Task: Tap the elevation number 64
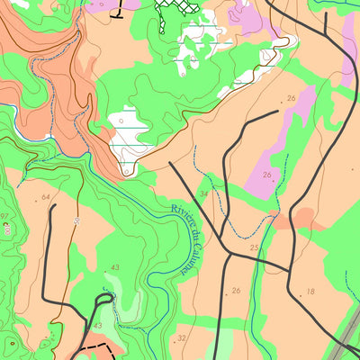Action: (45, 195)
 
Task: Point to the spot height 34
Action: (204, 193)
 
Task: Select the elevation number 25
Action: (255, 247)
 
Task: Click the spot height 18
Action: (310, 291)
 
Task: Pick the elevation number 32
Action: (182, 337)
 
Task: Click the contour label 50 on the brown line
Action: (78, 219)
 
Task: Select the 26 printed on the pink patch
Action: (266, 175)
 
